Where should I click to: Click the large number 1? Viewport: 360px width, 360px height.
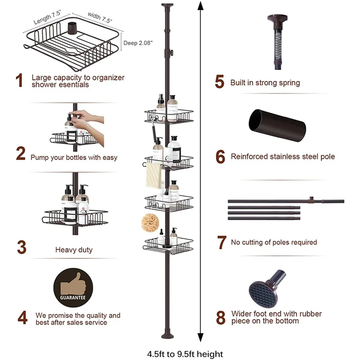(19, 81)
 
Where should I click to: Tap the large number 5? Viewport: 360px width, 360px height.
(220, 82)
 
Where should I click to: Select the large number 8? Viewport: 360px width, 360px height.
(220, 317)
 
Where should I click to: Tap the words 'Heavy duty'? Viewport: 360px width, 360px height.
(74, 250)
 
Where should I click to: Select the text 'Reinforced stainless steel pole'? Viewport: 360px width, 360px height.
(283, 157)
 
